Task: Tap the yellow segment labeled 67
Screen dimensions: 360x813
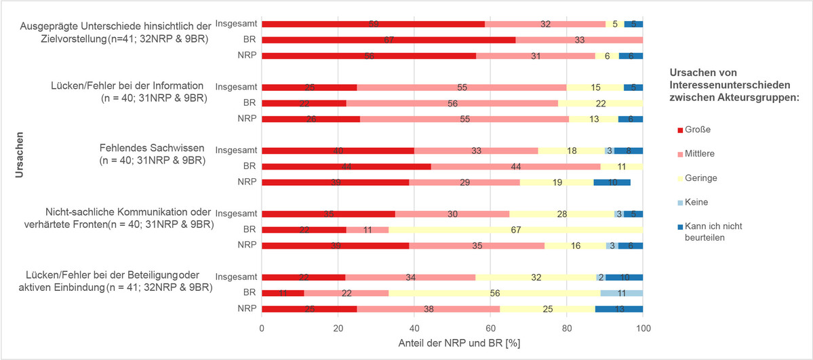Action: coord(515,230)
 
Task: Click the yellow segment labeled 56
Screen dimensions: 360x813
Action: coord(494,293)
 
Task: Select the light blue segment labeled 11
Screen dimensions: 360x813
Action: coord(622,293)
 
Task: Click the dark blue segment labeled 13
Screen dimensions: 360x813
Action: coord(618,309)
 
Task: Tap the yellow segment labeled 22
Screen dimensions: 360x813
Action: coord(600,103)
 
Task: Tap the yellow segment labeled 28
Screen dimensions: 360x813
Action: coord(561,214)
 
